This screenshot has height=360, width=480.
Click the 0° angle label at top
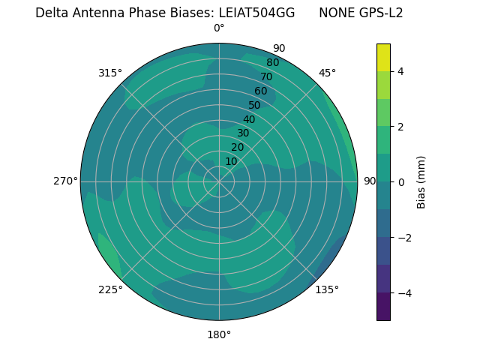click(x=219, y=28)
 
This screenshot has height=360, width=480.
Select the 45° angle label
click(x=327, y=73)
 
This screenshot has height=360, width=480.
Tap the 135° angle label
click(x=327, y=289)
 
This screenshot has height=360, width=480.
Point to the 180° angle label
click(x=219, y=334)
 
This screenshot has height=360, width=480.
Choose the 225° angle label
click(x=110, y=289)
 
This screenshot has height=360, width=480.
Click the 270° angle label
click(x=65, y=181)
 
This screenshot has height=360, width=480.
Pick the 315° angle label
click(x=110, y=73)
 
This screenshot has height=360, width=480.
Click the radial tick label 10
click(x=231, y=161)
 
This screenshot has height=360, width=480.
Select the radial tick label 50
click(x=255, y=105)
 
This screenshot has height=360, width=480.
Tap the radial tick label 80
click(x=272, y=62)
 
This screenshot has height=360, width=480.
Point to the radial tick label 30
click(x=243, y=133)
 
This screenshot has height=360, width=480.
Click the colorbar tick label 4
click(x=400, y=71)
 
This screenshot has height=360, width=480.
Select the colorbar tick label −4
click(x=403, y=292)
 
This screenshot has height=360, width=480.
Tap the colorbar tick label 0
click(x=400, y=182)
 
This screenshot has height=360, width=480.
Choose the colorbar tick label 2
click(x=400, y=127)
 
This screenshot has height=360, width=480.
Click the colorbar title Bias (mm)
click(x=421, y=182)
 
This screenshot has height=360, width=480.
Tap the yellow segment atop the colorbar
click(x=383, y=57)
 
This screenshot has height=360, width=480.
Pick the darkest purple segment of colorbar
click(x=383, y=306)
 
